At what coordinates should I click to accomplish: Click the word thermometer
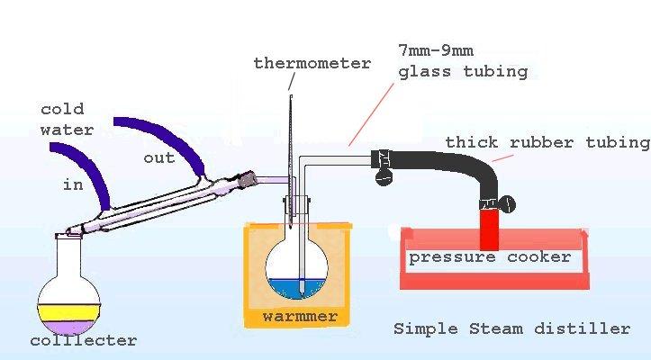click(x=312, y=63)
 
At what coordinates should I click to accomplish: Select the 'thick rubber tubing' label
click(x=547, y=142)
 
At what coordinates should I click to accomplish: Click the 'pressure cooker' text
click(x=490, y=257)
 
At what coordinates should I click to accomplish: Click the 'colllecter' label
click(x=83, y=340)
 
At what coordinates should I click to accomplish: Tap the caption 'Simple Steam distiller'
click(x=511, y=328)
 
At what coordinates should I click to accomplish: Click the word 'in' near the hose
click(x=73, y=186)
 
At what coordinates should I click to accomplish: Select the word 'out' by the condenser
click(x=159, y=157)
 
